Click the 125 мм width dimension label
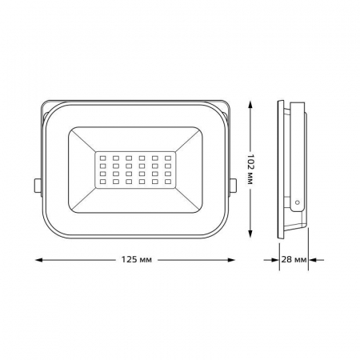(137, 260)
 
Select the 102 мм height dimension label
(250, 169)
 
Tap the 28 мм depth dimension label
(294, 259)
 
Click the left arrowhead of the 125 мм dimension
(39, 260)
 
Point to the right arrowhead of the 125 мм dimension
(231, 260)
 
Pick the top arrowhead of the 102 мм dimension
(250, 105)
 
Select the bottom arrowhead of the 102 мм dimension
(250, 234)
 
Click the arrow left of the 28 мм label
(271, 260)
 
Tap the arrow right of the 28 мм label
(316, 260)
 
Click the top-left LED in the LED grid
(102, 158)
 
